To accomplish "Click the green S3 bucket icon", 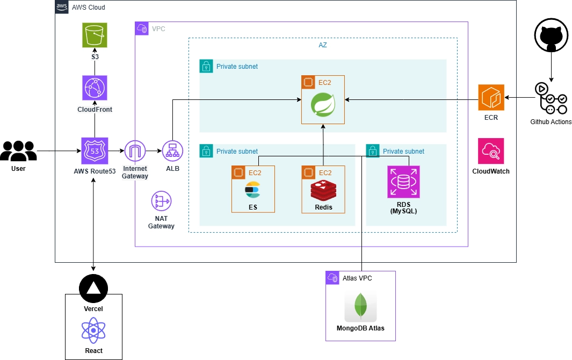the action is coord(95,35).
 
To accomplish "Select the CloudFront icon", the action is coord(95,88).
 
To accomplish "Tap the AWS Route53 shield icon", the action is coord(95,151).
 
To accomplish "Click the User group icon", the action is coord(18,151).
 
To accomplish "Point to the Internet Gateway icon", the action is coord(135,151).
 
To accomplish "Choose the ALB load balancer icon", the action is coord(172,151).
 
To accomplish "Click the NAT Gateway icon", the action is coord(161,201).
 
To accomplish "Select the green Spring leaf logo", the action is coord(323,105).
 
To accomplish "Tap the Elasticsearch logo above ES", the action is coord(252,190).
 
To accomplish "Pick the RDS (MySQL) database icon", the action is coord(403,182).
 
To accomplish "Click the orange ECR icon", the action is coord(491,97).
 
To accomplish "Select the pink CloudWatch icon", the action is coord(491,151).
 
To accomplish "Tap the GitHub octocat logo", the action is coord(551,35).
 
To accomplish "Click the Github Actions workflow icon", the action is coord(551,98).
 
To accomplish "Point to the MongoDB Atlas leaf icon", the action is coord(360,305).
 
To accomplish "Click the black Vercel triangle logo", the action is coord(93,289).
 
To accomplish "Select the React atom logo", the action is coord(93,330).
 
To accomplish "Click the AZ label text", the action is coord(323,45).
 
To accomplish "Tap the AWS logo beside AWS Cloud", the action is coord(62,6).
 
